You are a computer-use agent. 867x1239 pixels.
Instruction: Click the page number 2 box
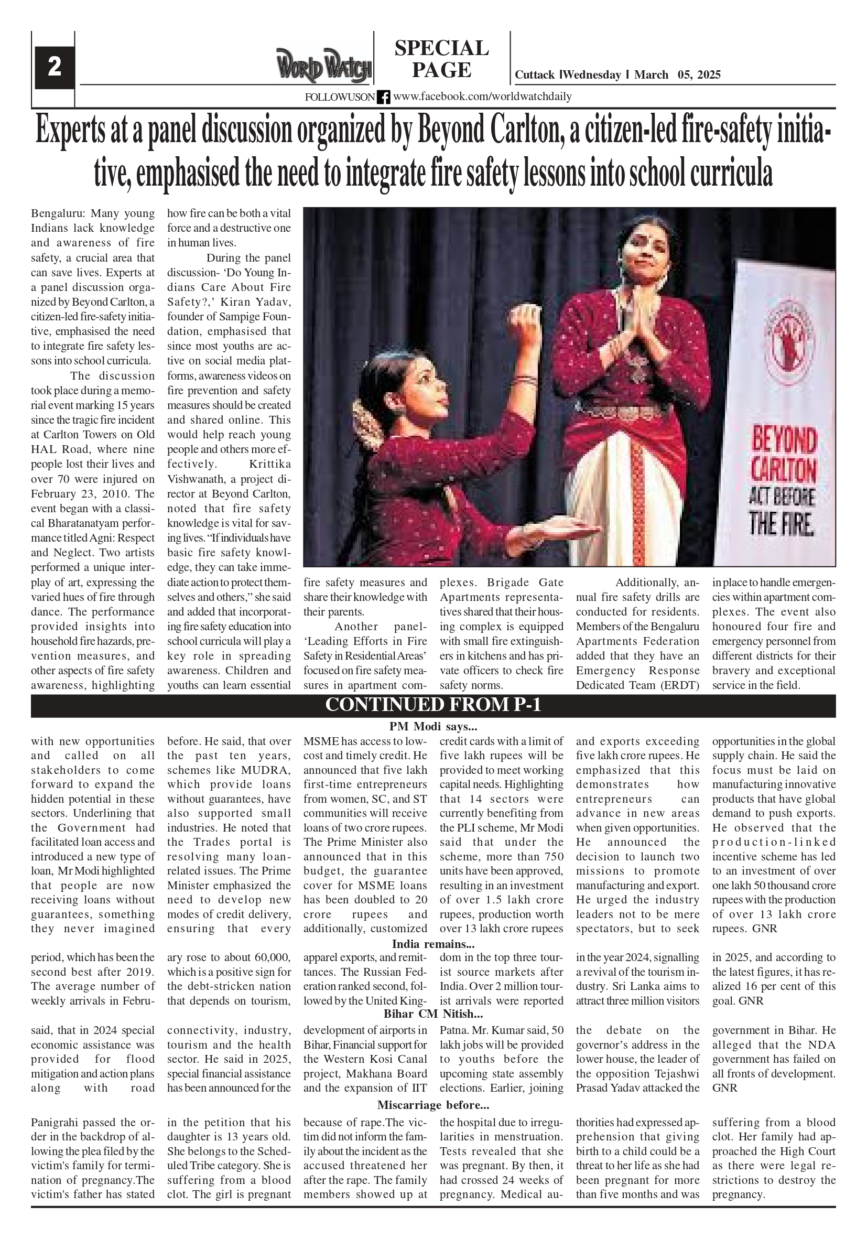pos(55,68)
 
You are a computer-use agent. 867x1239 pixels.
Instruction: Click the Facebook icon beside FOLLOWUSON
pos(383,97)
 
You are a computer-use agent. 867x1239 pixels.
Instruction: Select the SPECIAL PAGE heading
pos(441,59)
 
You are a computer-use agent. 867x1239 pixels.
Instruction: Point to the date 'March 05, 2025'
pos(677,75)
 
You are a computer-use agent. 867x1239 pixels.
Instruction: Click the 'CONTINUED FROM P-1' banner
pos(432,705)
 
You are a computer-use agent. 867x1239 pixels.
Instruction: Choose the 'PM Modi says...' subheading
pos(432,726)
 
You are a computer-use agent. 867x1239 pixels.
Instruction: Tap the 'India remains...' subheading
pos(432,944)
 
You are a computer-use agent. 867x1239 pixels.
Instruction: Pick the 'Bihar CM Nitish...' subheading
pos(432,1014)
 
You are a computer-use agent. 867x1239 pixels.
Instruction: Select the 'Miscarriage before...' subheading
pos(432,1105)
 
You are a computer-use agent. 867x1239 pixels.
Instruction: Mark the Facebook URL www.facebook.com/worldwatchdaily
pos(482,96)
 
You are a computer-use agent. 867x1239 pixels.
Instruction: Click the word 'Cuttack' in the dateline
pos(534,75)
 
